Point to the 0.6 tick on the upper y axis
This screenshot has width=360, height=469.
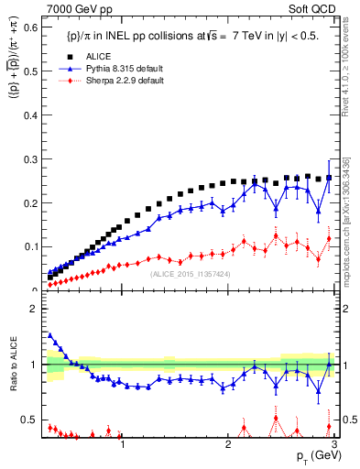tap(27, 28)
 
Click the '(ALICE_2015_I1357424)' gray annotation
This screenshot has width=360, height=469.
tap(190, 272)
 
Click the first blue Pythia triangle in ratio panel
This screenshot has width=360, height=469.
tap(49, 335)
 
